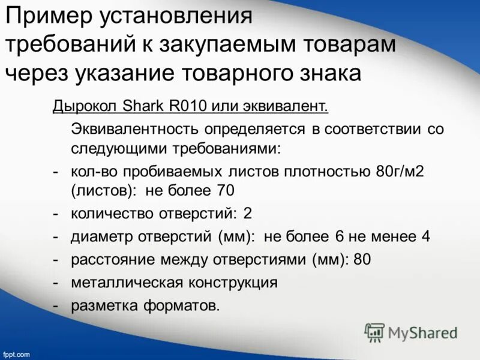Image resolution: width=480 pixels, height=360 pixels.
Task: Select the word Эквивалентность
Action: pos(134,129)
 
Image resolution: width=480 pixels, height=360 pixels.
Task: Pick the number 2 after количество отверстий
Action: pos(247,214)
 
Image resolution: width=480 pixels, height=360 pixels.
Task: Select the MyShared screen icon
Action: pos(374,332)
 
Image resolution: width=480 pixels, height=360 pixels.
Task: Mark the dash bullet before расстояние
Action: pos(55,260)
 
